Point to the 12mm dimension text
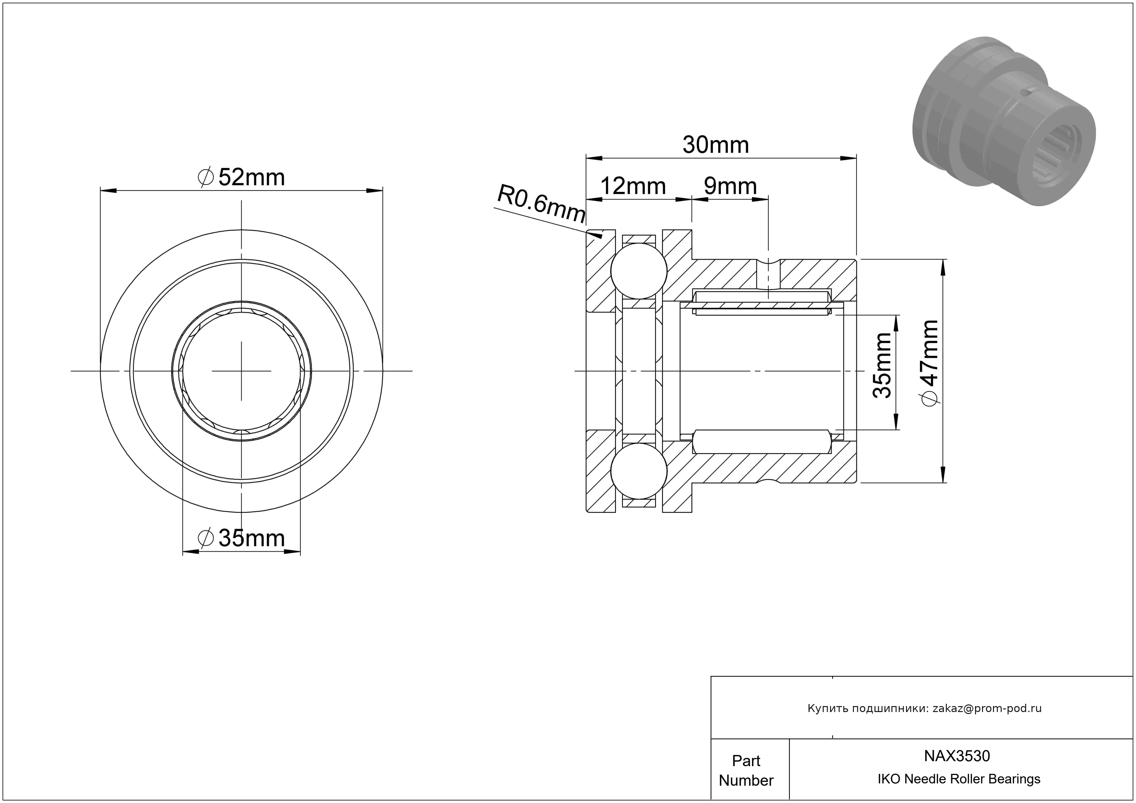[633, 186]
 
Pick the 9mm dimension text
[730, 186]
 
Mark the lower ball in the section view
[639, 471]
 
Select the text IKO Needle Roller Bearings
[959, 779]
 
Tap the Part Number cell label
[746, 770]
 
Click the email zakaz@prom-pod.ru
[987, 708]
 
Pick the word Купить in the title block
[824, 708]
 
